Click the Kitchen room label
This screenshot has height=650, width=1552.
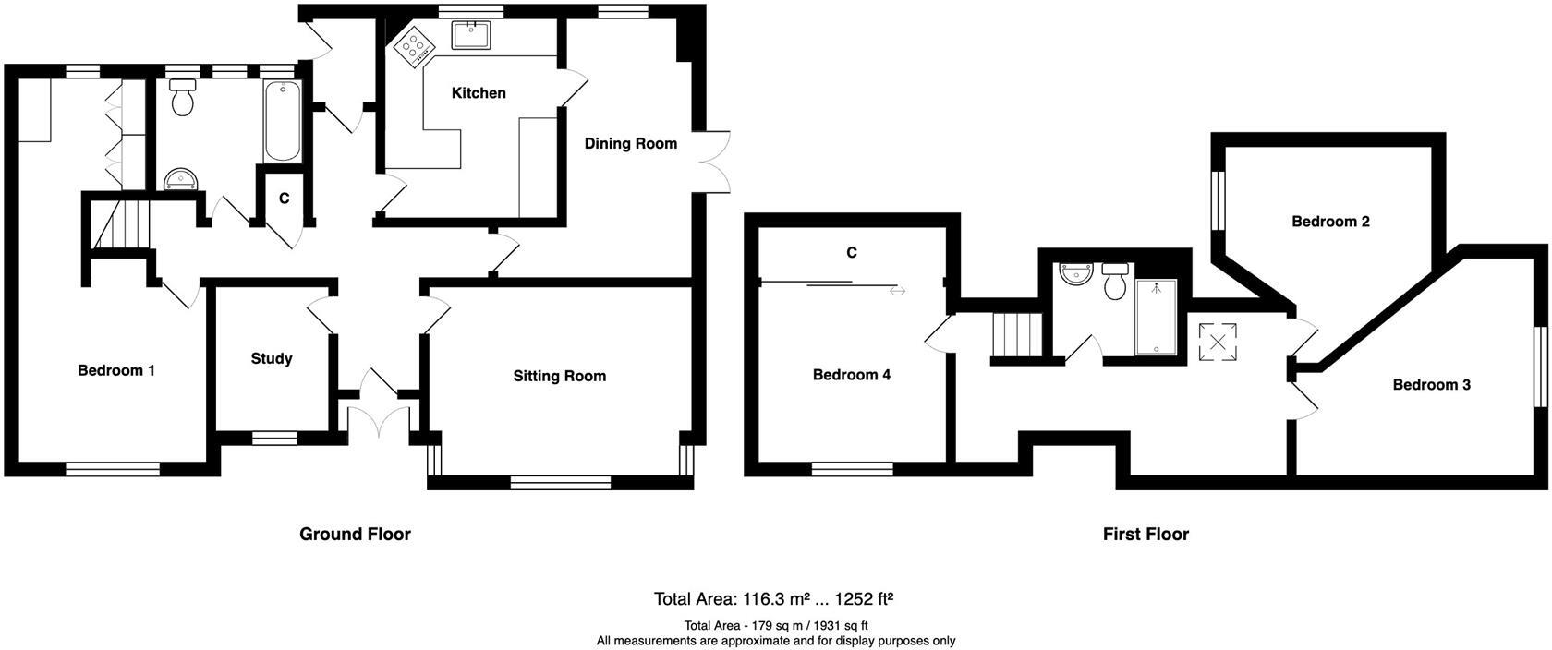pyautogui.click(x=479, y=92)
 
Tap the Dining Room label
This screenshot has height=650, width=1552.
pyautogui.click(x=630, y=143)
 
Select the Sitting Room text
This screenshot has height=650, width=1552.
pyautogui.click(x=559, y=376)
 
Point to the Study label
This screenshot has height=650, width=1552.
pyautogui.click(x=272, y=358)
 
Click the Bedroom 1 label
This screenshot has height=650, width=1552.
pyautogui.click(x=115, y=370)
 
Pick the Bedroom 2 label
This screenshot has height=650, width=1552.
pyautogui.click(x=1330, y=222)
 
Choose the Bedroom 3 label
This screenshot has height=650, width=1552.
pyautogui.click(x=1432, y=385)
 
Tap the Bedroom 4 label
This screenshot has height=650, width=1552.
pyautogui.click(x=852, y=375)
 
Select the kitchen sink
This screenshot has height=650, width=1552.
pyautogui.click(x=471, y=35)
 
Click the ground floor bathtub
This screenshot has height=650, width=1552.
pyautogui.click(x=282, y=121)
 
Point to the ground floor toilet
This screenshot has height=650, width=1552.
pyautogui.click(x=183, y=98)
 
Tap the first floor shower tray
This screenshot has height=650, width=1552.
pyautogui.click(x=1156, y=317)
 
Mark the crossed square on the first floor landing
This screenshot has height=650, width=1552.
pyautogui.click(x=1218, y=342)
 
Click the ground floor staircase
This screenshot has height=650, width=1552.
pyautogui.click(x=122, y=223)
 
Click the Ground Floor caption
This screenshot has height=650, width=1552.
pyautogui.click(x=355, y=534)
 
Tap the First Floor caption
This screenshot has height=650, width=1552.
pyautogui.click(x=1146, y=534)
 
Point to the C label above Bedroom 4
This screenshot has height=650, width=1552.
pyautogui.click(x=852, y=253)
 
